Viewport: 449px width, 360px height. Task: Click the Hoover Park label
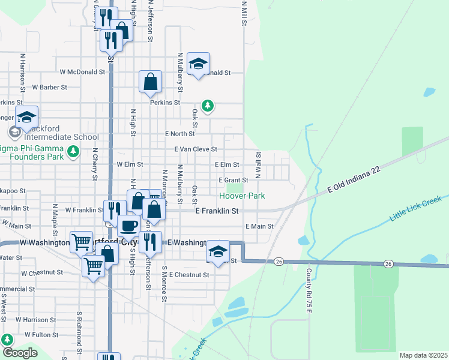242,196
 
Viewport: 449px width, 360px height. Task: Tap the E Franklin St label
217,211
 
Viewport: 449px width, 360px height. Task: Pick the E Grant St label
234,180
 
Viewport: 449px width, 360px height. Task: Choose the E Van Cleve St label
196,149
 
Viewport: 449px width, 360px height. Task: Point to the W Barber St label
50,87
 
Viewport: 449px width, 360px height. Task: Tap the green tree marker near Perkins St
208,106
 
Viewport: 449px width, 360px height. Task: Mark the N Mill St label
244,11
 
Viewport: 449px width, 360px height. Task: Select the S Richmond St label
79,326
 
